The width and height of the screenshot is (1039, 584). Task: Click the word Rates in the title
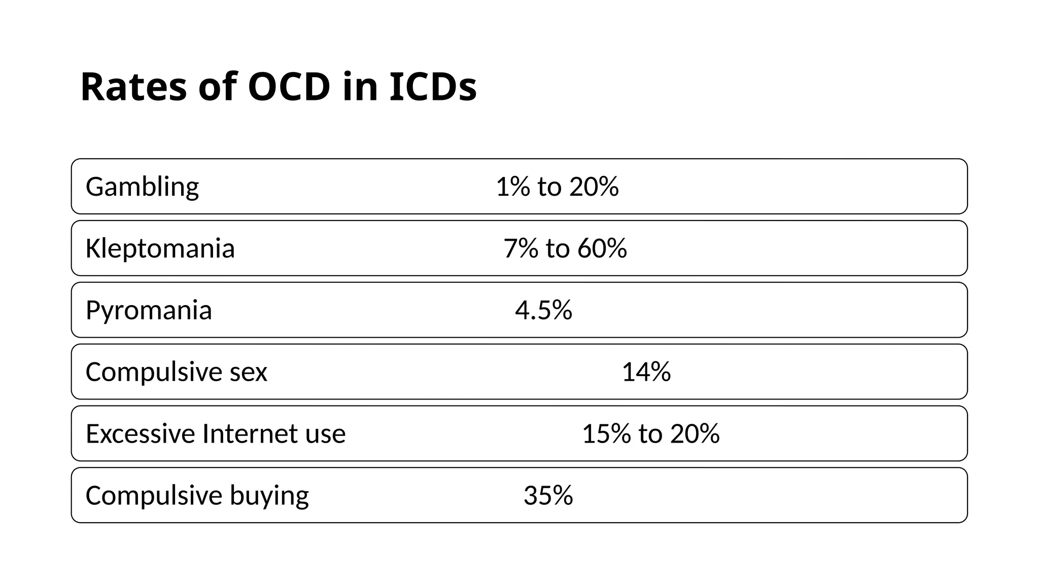(x=133, y=87)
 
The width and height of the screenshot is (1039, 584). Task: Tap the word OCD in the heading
(x=289, y=87)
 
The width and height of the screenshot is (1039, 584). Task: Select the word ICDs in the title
(x=433, y=87)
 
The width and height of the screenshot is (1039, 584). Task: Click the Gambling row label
(x=142, y=187)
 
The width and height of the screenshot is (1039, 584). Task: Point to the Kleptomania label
(x=160, y=248)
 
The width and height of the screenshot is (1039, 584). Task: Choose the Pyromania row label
(x=149, y=310)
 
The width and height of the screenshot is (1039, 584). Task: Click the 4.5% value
(x=543, y=310)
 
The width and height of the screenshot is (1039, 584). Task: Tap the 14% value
(x=646, y=372)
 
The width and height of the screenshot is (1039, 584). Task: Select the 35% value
(x=548, y=495)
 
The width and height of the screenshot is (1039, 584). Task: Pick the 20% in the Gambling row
(x=594, y=187)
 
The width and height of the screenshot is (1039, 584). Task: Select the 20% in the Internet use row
(x=695, y=434)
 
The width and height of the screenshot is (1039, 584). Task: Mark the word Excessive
(x=140, y=434)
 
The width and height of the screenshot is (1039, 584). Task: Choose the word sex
(x=248, y=372)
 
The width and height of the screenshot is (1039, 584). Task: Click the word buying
(x=269, y=496)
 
